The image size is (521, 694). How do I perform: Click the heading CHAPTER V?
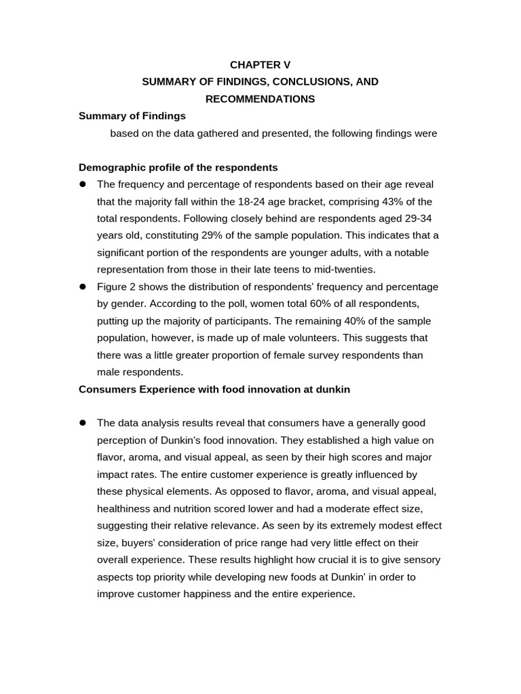[260, 65]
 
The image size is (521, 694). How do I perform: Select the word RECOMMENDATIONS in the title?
[260, 99]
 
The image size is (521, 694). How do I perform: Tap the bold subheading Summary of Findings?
[132, 116]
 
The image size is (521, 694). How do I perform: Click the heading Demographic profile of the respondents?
[178, 167]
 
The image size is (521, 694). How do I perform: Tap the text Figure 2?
[118, 287]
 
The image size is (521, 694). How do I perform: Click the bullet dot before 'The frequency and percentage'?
[83, 184]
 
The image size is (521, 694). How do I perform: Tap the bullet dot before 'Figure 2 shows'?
[83, 287]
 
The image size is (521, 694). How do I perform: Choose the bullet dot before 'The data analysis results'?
[83, 423]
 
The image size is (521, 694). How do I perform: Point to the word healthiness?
[126, 508]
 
